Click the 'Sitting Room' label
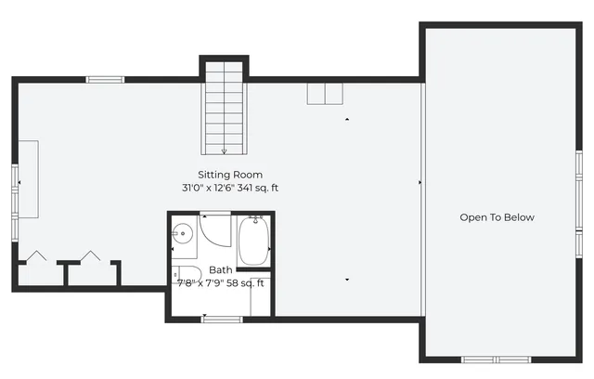230,175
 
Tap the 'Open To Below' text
497,217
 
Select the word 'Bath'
221,270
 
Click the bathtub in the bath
252,241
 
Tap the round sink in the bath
184,235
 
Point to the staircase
225,107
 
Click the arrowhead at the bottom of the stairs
225,150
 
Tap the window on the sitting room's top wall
106,80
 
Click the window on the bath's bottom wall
222,320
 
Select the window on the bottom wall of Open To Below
496,359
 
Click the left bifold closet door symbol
38,255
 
